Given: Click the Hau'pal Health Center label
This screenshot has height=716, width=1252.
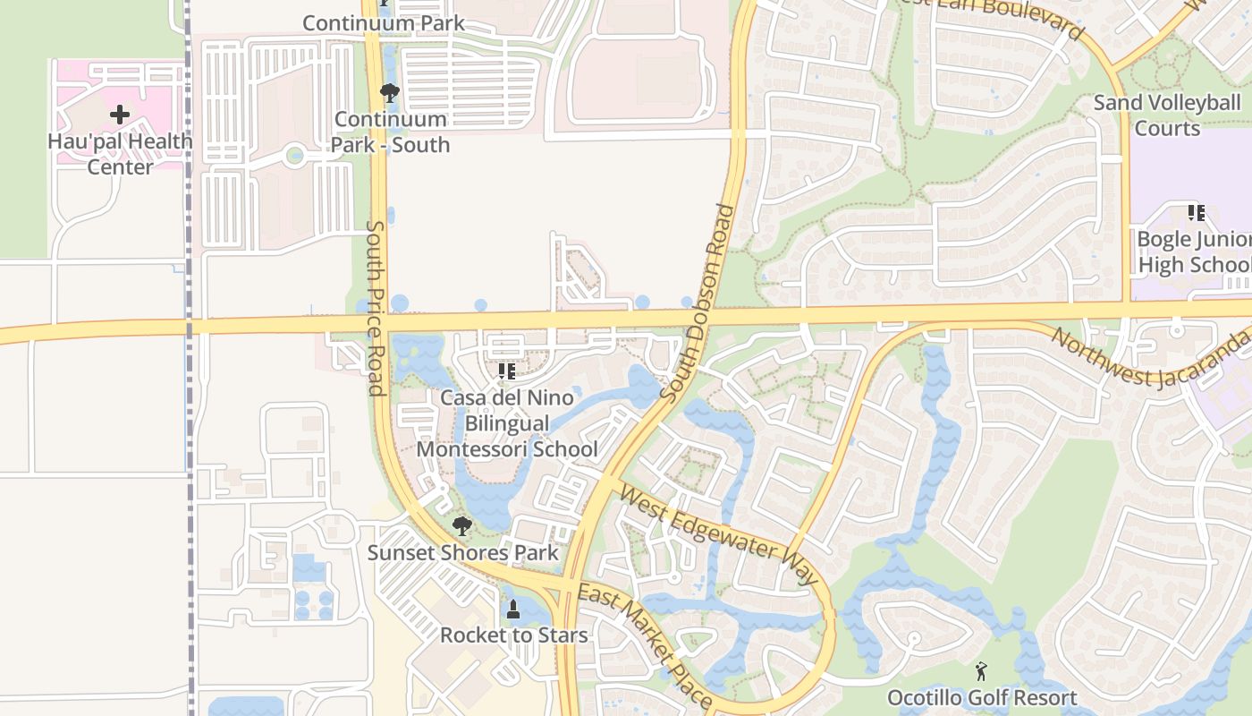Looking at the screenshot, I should [120, 154].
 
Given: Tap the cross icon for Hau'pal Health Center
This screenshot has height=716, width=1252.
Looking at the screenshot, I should [120, 115].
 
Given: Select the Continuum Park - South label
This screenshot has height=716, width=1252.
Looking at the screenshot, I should [391, 132].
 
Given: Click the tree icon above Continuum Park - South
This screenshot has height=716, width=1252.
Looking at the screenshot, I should [389, 92].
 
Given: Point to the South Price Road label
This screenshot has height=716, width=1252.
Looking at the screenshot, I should [376, 309].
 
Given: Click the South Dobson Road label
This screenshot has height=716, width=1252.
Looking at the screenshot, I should [699, 303].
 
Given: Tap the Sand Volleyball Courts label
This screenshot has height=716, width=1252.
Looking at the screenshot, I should [1167, 115].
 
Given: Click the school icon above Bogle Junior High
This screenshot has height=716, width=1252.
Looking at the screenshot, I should [1196, 213].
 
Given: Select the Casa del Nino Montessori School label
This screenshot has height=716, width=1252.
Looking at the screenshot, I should [507, 422].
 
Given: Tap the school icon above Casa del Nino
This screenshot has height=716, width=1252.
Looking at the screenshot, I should [507, 371].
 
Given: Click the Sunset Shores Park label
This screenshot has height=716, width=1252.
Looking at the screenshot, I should [463, 552].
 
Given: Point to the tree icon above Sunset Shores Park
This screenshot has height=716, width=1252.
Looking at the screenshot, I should [461, 525].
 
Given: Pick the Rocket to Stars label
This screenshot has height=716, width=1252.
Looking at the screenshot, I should [513, 635].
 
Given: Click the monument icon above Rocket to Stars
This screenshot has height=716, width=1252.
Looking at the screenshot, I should [513, 610].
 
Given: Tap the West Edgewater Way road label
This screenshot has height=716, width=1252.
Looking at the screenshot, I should [718, 535].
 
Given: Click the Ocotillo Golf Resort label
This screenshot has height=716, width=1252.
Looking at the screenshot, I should [982, 697].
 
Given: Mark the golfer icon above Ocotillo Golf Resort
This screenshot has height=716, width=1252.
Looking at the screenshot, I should [981, 670].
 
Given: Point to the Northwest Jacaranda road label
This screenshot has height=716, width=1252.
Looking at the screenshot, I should [1150, 358].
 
